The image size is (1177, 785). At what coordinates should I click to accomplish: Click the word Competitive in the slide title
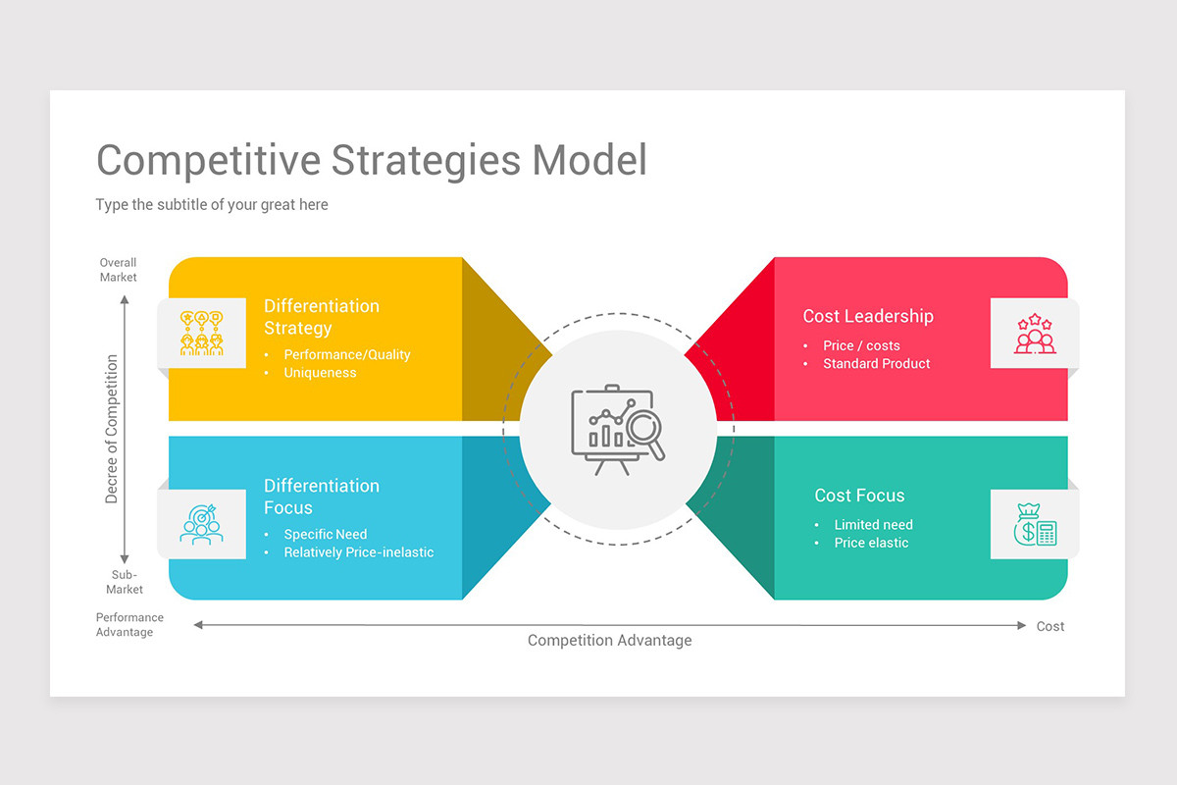pos(207,160)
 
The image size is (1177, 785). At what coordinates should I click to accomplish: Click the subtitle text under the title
pos(212,205)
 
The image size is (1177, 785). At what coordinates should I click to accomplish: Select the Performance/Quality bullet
pos(346,354)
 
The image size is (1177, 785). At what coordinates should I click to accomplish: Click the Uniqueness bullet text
pos(320,373)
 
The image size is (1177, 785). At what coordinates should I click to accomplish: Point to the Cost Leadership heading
pos(868,316)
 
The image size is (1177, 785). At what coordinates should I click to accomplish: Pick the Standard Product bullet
pos(876,363)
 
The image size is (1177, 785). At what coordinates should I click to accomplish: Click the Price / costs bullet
pos(861,345)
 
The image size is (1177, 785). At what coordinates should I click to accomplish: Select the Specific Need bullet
pos(325,534)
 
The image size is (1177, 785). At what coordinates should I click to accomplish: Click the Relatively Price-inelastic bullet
pos(358,552)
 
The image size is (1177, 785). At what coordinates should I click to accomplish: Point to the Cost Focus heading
pos(859,496)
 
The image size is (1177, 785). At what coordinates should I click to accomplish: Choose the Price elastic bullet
pos(871,543)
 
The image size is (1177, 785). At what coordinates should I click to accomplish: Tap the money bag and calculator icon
pos(1035,525)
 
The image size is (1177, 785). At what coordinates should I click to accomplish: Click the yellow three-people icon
pos(201,334)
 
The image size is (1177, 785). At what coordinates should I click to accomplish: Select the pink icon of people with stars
pos(1035,335)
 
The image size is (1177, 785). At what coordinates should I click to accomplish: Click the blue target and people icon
pos(201,524)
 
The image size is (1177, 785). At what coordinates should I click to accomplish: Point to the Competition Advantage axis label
pos(609,640)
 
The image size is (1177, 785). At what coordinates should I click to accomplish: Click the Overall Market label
pos(118,270)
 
